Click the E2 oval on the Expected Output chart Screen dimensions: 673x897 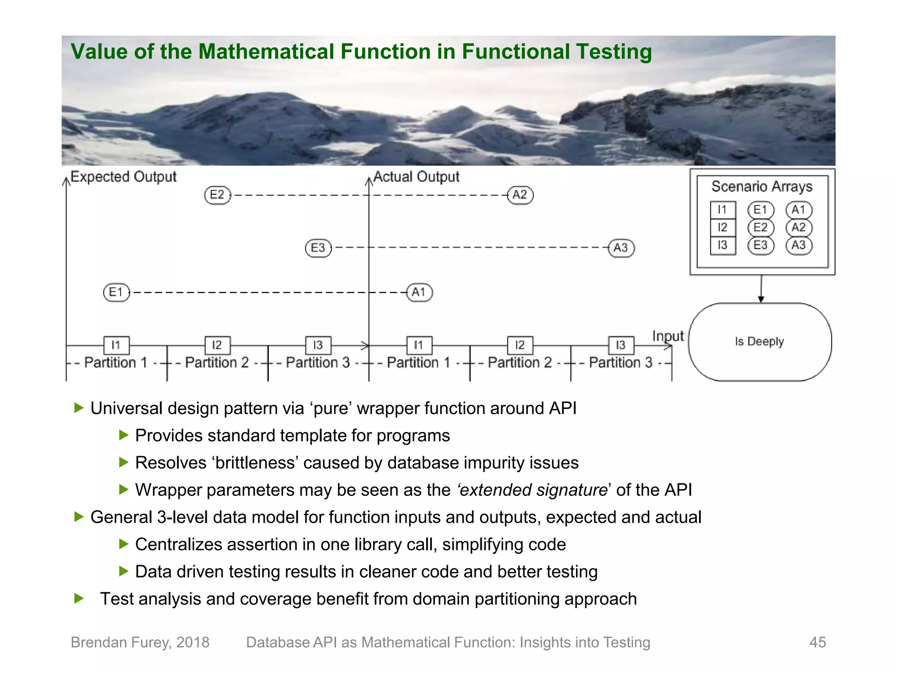[217, 195]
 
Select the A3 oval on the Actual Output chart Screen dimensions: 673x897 [621, 248]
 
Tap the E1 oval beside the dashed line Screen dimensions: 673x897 [117, 292]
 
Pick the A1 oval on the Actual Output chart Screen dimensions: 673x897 [419, 292]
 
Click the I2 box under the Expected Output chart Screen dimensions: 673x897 [217, 345]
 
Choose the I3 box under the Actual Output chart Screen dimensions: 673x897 [621, 345]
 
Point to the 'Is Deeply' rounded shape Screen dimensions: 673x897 [760, 341]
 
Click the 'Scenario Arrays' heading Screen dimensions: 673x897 [762, 187]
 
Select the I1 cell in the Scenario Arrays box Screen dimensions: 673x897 [722, 210]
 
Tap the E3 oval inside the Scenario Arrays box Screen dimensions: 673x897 [761, 245]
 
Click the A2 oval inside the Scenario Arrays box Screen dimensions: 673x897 [799, 227]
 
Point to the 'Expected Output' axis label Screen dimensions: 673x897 [124, 177]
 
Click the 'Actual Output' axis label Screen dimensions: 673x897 [416, 177]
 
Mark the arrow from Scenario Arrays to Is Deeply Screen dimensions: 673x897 [761, 289]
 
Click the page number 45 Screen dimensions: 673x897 [817, 642]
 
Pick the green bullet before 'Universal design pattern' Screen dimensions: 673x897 [79, 408]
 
